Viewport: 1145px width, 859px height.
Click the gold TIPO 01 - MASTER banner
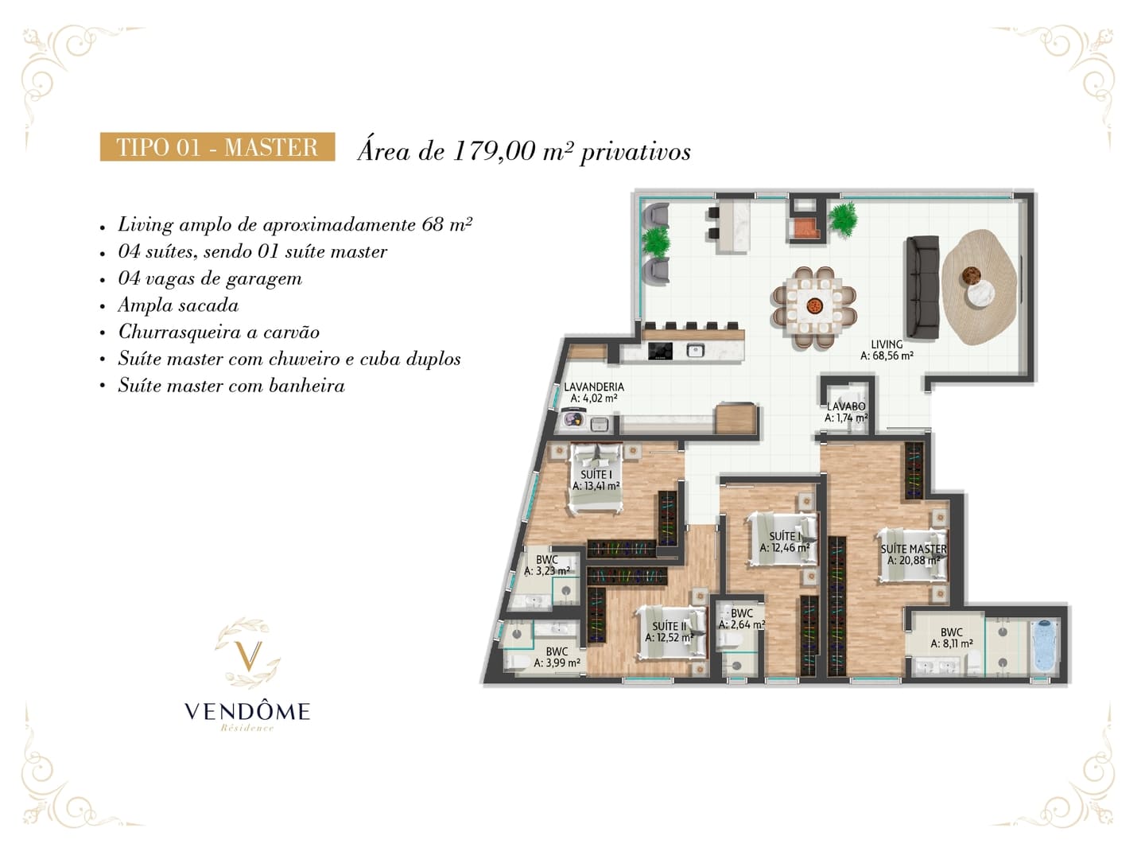(217, 146)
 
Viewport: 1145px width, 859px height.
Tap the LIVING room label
(887, 344)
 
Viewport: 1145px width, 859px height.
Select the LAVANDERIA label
(594, 387)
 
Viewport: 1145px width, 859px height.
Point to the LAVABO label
(845, 406)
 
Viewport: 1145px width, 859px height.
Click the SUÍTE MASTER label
(914, 549)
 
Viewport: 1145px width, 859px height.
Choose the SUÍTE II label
(669, 627)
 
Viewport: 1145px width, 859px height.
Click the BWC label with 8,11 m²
(952, 632)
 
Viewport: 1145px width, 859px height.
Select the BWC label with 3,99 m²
(557, 651)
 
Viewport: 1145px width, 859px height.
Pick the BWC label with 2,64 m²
(741, 613)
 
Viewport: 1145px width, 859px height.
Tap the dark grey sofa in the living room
(922, 286)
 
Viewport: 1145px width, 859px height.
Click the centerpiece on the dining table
(814, 305)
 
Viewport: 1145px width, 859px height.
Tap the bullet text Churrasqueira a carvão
(219, 332)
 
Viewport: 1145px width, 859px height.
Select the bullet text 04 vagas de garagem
(210, 278)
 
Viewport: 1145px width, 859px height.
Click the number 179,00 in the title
(494, 152)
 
